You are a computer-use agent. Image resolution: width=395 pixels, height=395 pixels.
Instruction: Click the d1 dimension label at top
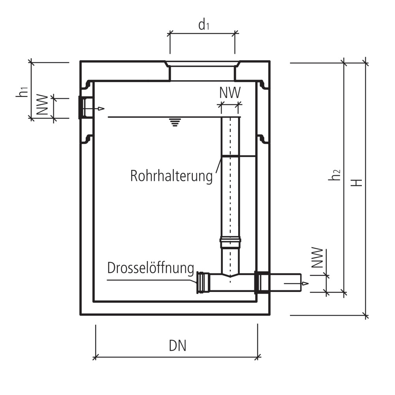tap(203, 25)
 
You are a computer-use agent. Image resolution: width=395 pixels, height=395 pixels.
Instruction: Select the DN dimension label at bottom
tap(177, 346)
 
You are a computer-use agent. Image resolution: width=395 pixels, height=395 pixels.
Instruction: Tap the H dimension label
tap(358, 182)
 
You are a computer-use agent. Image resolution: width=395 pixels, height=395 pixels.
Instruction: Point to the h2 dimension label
tap(335, 174)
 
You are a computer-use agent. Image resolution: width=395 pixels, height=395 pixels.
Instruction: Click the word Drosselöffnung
tap(150, 269)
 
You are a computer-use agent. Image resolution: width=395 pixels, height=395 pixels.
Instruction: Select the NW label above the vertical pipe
tap(230, 93)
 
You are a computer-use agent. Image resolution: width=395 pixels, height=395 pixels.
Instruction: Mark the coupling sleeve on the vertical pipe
tap(230, 241)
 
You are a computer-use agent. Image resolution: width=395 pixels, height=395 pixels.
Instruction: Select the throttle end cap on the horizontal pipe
tap(203, 282)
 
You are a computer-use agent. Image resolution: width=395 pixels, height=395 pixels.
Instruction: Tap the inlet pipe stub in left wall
tap(86, 107)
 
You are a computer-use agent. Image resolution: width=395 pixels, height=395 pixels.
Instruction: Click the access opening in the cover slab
tap(202, 72)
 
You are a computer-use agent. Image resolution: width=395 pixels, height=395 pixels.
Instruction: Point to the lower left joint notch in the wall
tap(87, 139)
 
